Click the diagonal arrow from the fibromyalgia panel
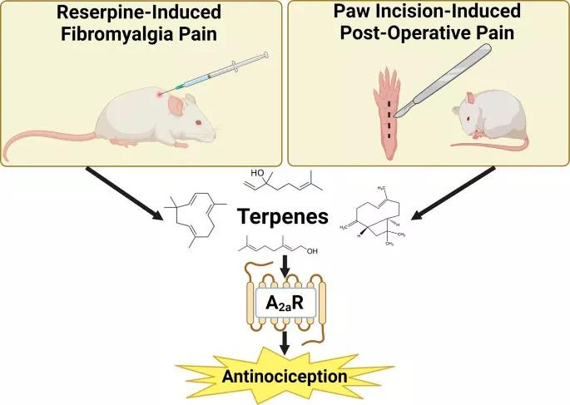[x=125, y=195]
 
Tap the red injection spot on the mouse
[x=159, y=91]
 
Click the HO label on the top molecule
[x=258, y=173]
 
